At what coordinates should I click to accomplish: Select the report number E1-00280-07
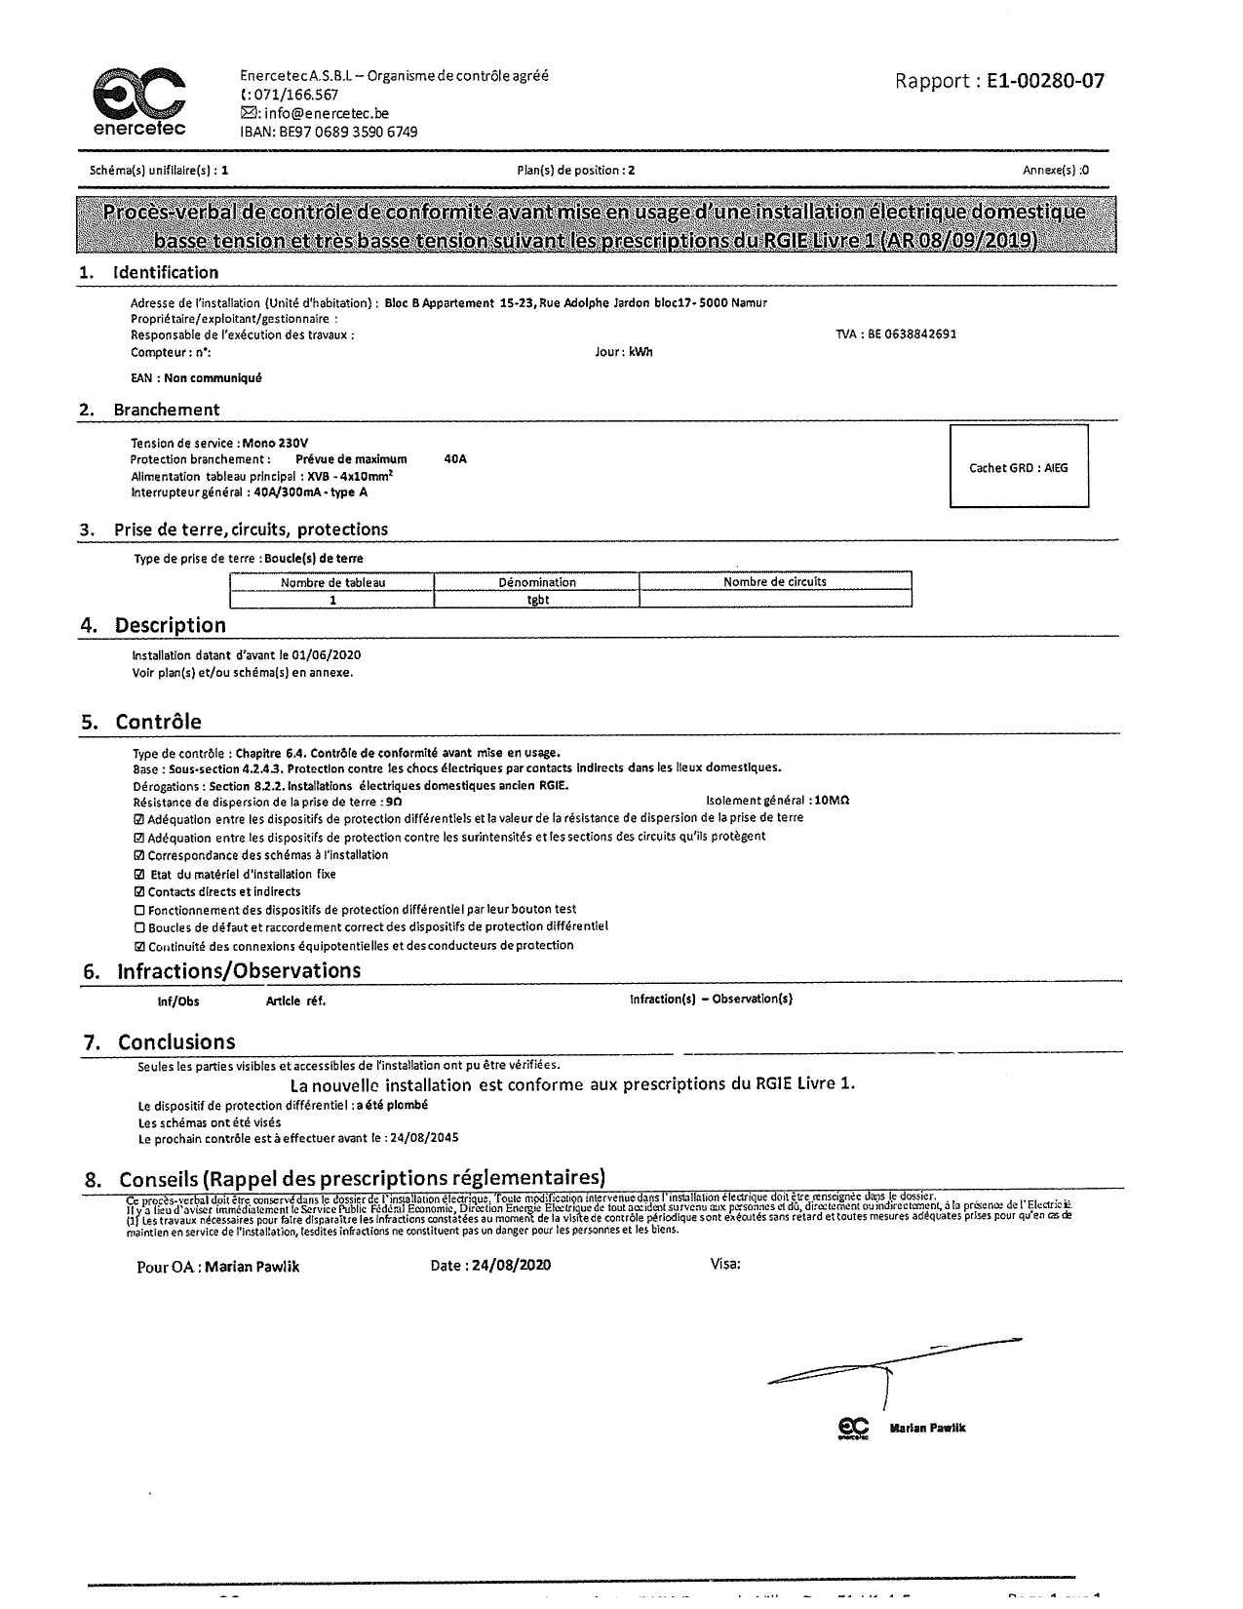(x=1045, y=81)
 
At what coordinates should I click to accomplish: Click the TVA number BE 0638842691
(x=911, y=334)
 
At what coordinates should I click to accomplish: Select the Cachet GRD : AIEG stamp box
(x=1019, y=467)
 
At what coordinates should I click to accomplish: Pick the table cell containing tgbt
(x=537, y=600)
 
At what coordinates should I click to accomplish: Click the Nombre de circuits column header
(x=775, y=582)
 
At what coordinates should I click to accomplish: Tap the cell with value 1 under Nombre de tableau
(x=332, y=600)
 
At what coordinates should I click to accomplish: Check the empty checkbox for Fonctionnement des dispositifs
(x=139, y=910)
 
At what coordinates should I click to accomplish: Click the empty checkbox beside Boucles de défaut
(x=139, y=927)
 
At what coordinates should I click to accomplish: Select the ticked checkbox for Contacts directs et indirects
(x=139, y=891)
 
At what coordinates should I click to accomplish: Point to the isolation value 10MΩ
(x=832, y=801)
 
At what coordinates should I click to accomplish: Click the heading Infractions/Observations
(x=239, y=971)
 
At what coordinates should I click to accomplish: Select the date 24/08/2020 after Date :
(x=511, y=1266)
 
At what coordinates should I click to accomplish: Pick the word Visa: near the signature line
(x=725, y=1265)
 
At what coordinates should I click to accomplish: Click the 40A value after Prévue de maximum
(x=455, y=459)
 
